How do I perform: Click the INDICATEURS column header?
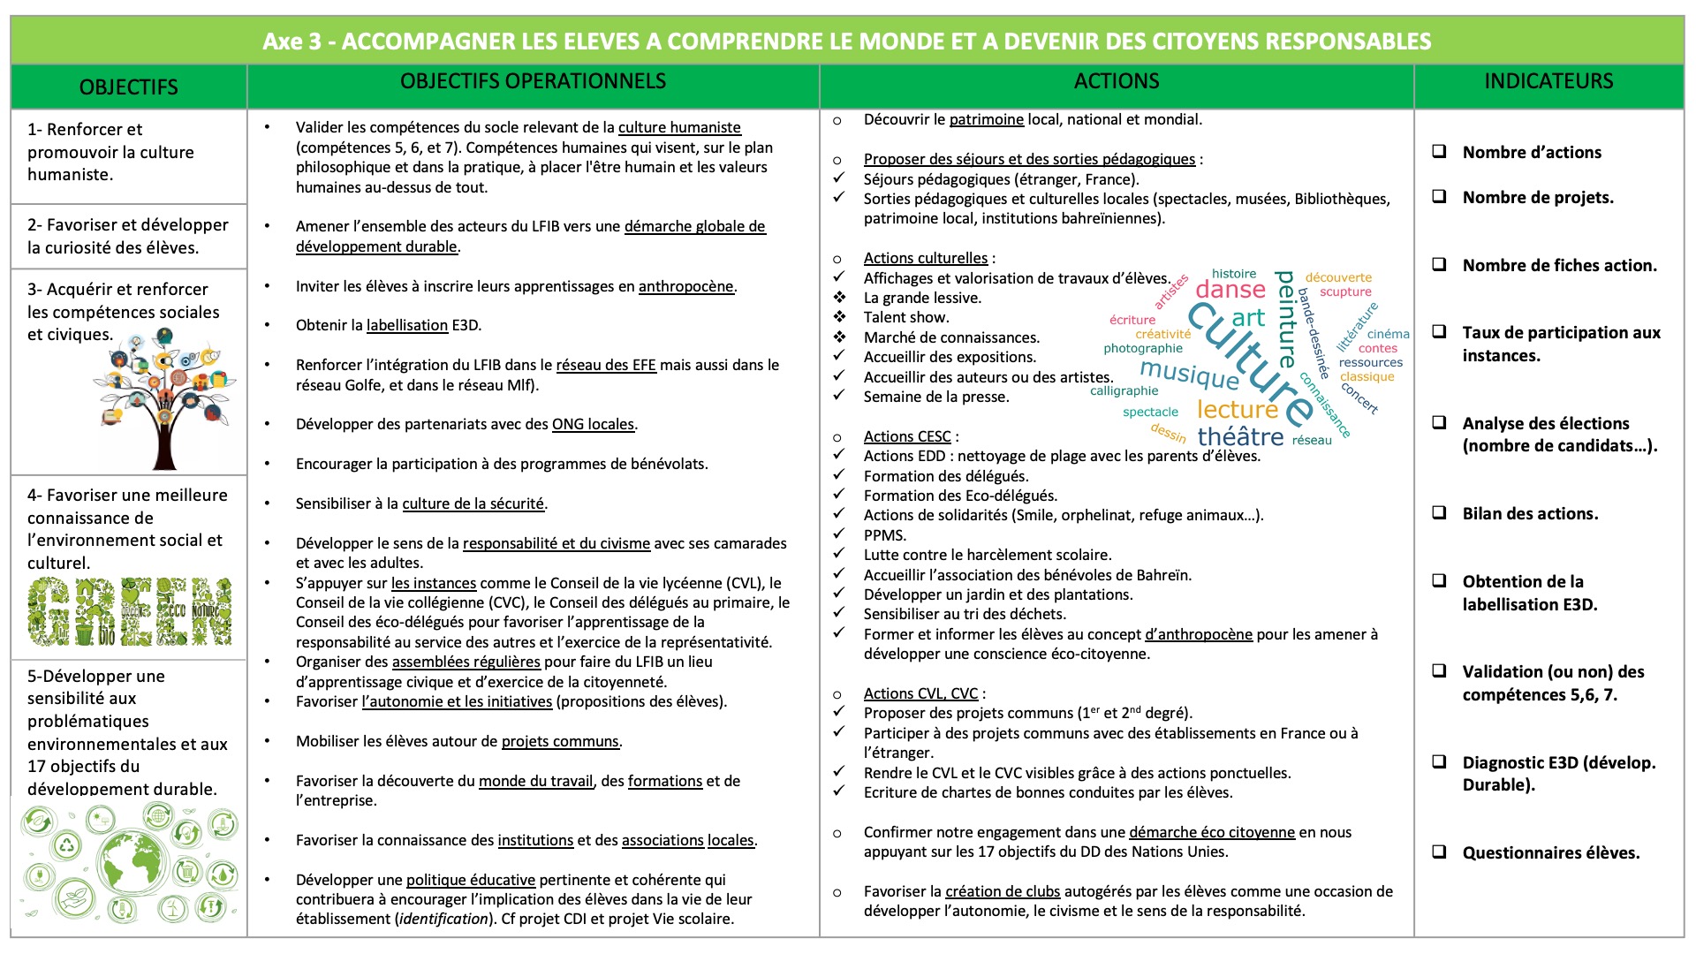pyautogui.click(x=1548, y=81)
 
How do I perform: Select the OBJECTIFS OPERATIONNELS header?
pyautogui.click(x=533, y=81)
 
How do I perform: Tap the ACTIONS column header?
pyautogui.click(x=1117, y=81)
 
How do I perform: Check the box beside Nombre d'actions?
pyautogui.click(x=1440, y=152)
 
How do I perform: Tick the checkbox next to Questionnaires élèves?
pyautogui.click(x=1440, y=852)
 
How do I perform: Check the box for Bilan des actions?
pyautogui.click(x=1440, y=513)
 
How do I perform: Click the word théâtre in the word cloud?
pyautogui.click(x=1240, y=436)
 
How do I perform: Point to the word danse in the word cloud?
pyautogui.click(x=1230, y=290)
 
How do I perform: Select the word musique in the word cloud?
pyautogui.click(x=1189, y=374)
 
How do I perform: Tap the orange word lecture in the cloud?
pyautogui.click(x=1237, y=410)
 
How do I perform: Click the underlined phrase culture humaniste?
pyautogui.click(x=679, y=127)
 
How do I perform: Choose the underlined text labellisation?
pyautogui.click(x=407, y=325)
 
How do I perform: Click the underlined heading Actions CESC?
pyautogui.click(x=907, y=436)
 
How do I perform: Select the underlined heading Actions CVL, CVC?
pyautogui.click(x=920, y=693)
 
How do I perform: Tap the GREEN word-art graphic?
pyautogui.click(x=130, y=611)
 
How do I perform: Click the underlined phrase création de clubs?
pyautogui.click(x=1003, y=891)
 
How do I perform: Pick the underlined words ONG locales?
pyautogui.click(x=593, y=424)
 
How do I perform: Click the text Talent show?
pyautogui.click(x=906, y=317)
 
